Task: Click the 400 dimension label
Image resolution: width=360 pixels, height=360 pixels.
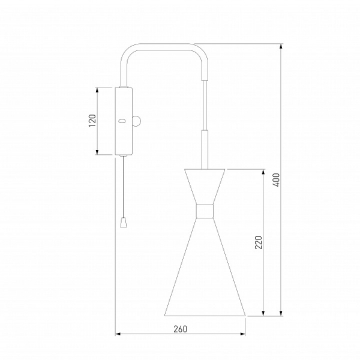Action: coord(277,180)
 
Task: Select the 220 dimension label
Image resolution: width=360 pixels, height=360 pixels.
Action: coord(259,242)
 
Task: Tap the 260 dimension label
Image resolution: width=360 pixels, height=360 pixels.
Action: coord(180,329)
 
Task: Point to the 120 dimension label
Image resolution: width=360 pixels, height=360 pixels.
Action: coord(92,121)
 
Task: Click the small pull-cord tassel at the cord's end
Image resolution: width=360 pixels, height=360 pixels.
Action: coord(124,223)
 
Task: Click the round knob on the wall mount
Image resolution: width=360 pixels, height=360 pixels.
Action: coord(137,121)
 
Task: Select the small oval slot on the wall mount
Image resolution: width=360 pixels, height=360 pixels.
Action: coord(122,121)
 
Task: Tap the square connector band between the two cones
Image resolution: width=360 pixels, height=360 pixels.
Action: coord(205,211)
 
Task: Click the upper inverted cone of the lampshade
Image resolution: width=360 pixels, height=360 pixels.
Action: coord(205,187)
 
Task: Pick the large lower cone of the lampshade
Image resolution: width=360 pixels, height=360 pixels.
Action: coord(205,267)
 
